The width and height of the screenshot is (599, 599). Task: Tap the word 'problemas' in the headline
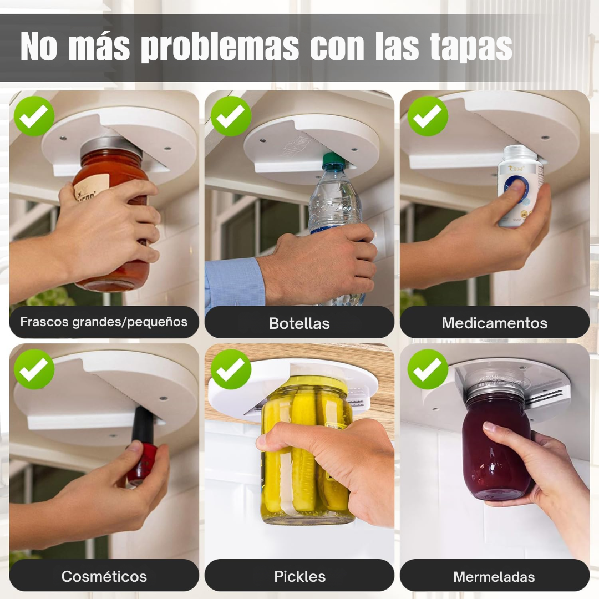(x=220, y=47)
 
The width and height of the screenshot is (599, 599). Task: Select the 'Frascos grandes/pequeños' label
(x=104, y=322)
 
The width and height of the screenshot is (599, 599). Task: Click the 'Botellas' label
(x=299, y=323)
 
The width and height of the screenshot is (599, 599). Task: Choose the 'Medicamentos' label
(x=494, y=323)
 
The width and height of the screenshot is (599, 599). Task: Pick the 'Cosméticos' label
(x=104, y=576)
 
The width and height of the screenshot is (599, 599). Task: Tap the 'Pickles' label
(x=299, y=576)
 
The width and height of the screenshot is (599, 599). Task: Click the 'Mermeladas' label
(x=494, y=576)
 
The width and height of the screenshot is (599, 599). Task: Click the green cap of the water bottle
(x=333, y=160)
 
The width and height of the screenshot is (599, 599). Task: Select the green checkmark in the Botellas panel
(x=231, y=116)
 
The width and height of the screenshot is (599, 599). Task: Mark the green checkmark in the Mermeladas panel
(x=428, y=369)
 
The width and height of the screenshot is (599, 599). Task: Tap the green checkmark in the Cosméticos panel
(x=34, y=369)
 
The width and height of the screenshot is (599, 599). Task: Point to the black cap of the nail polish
(x=143, y=424)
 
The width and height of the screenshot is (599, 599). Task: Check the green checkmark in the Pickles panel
(x=231, y=369)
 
